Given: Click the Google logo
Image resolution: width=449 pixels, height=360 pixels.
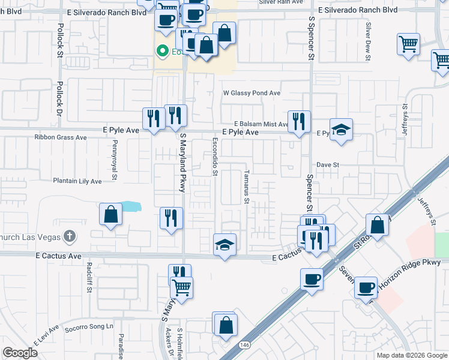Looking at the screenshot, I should [x=20, y=353].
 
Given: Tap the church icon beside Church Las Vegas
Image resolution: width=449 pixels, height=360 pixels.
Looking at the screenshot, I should [x=70, y=235].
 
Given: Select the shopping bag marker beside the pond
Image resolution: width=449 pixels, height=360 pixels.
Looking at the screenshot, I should [x=111, y=215].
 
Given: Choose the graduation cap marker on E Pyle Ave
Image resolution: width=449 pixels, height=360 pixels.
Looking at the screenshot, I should [x=341, y=130].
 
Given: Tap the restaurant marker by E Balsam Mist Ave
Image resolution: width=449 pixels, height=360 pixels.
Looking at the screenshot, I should [x=299, y=122].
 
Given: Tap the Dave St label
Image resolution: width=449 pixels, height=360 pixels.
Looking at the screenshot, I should [x=328, y=164].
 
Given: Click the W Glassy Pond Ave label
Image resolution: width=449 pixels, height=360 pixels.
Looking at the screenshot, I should [x=252, y=94].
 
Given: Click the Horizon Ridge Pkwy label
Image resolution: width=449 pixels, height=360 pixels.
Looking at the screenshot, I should [x=414, y=263].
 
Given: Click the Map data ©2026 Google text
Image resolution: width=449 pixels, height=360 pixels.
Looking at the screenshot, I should [x=411, y=355].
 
